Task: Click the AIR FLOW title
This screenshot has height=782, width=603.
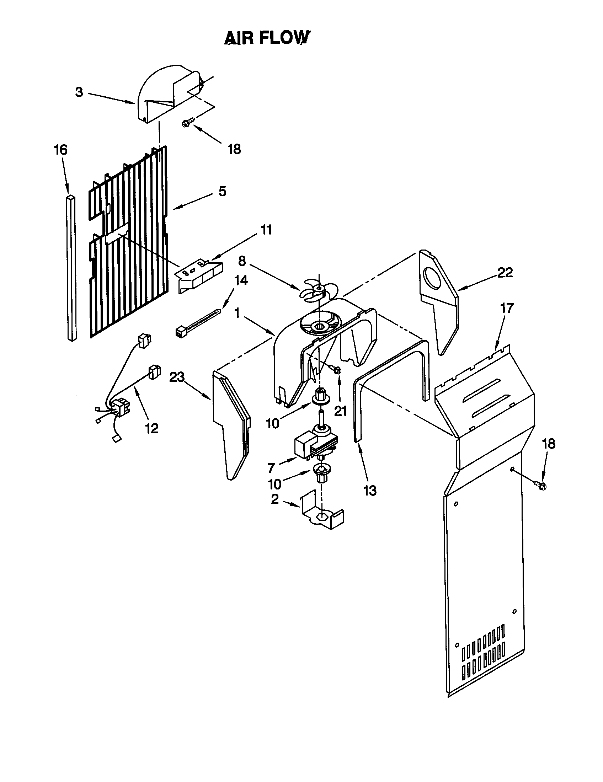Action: [x=267, y=38]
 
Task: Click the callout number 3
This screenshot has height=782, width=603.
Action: [x=79, y=92]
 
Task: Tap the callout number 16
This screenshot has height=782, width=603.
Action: [x=60, y=150]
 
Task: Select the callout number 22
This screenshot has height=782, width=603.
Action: [x=505, y=273]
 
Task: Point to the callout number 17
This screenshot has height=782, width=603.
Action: [x=507, y=307]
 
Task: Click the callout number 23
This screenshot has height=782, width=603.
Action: [x=177, y=377]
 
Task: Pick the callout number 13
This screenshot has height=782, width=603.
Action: [x=370, y=491]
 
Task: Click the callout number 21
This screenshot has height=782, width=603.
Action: [x=340, y=411]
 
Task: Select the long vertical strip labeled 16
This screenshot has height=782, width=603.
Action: [x=72, y=267]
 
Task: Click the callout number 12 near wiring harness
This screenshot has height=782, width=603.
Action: [x=152, y=428]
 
